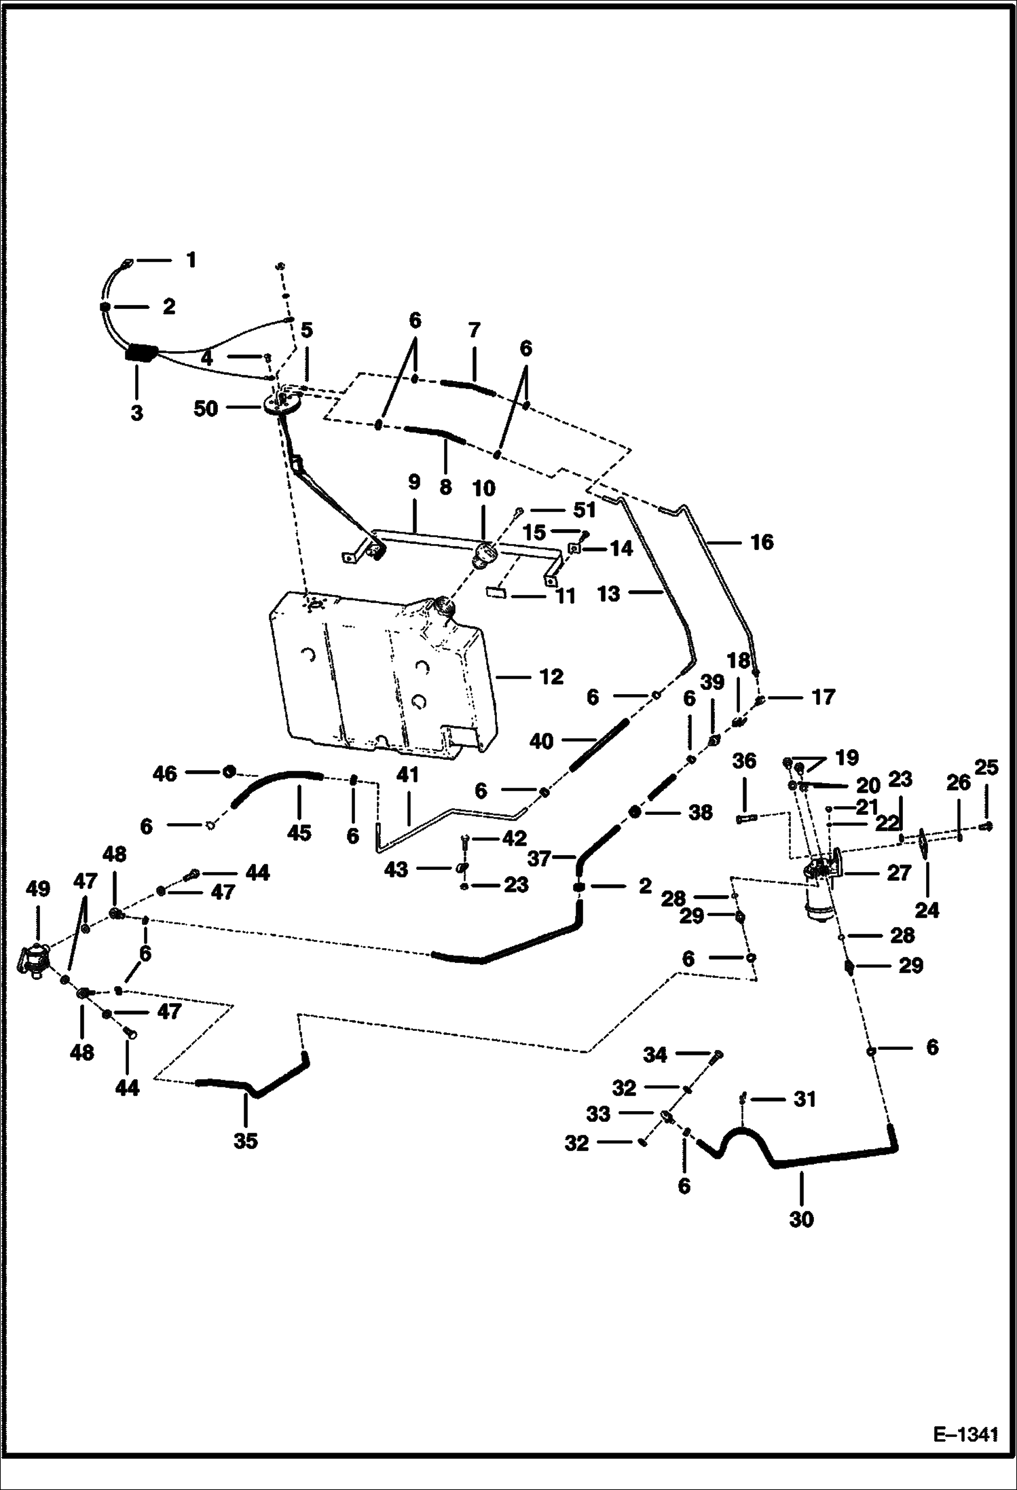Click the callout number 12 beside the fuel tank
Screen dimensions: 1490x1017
pyautogui.click(x=551, y=677)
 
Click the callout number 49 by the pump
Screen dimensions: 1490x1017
pyautogui.click(x=37, y=888)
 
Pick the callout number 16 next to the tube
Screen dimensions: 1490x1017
pyautogui.click(x=762, y=542)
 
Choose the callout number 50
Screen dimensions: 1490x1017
pyautogui.click(x=206, y=409)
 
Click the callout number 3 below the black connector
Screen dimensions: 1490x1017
pyautogui.click(x=137, y=412)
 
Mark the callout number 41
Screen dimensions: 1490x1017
pyautogui.click(x=408, y=775)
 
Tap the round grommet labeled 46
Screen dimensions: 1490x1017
pyautogui.click(x=229, y=771)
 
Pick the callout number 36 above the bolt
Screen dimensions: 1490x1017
pyautogui.click(x=744, y=761)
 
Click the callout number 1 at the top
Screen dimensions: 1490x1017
pyautogui.click(x=191, y=260)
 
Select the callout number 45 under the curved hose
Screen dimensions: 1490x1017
pyautogui.click(x=299, y=833)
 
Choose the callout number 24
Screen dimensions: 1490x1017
pyautogui.click(x=927, y=909)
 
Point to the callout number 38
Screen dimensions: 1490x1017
pyautogui.click(x=700, y=812)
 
